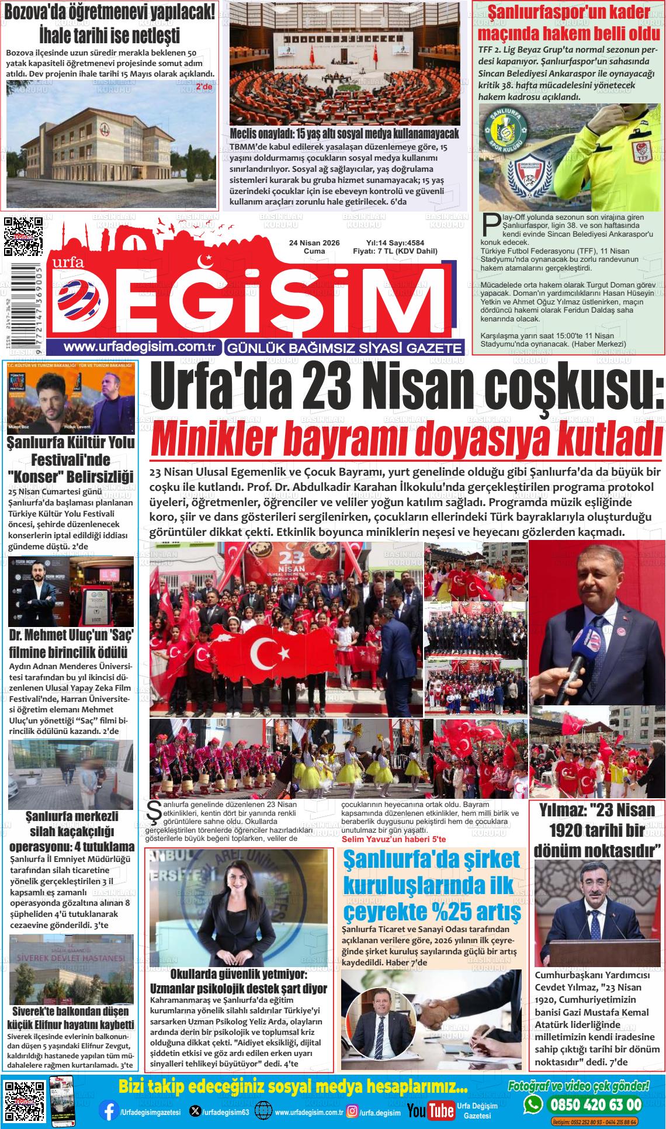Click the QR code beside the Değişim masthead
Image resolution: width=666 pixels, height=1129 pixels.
pyautogui.click(x=23, y=237)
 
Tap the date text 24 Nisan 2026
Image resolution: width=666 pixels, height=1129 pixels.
pyautogui.click(x=314, y=243)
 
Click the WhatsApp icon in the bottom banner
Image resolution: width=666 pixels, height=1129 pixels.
pyautogui.click(x=533, y=1104)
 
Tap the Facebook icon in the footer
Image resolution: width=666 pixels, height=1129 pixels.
pyautogui.click(x=107, y=1110)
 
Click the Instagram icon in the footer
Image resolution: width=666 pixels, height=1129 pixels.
pyautogui.click(x=352, y=1111)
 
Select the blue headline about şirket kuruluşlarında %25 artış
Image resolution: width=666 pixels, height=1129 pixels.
pyautogui.click(x=431, y=885)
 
